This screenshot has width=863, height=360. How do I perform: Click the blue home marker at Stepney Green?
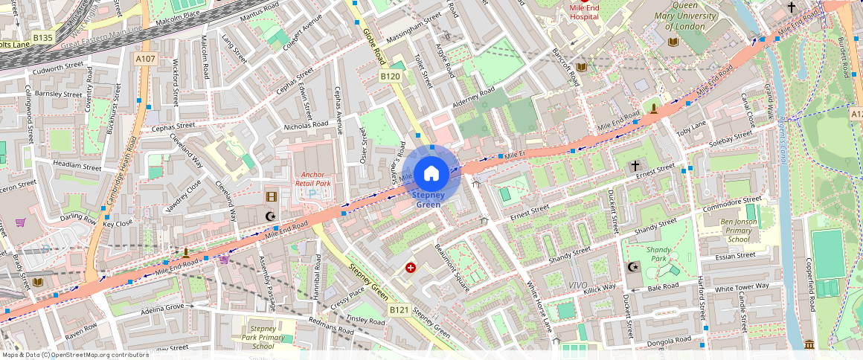[x=431, y=174]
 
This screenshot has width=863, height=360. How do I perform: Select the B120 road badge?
[x=391, y=76]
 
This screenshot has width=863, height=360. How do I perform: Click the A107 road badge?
[x=146, y=58]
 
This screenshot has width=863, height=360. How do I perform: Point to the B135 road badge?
[x=43, y=37]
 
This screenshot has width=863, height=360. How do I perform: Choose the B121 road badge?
[x=400, y=309]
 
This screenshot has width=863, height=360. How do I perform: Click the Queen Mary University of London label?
[x=685, y=21]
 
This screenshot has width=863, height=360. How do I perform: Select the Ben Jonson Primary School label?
[x=738, y=231]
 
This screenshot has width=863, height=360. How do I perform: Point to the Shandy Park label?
[x=659, y=254]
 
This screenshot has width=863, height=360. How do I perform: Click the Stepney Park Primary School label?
[x=263, y=337]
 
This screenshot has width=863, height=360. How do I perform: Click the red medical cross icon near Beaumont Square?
[x=410, y=268]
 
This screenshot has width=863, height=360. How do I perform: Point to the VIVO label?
[x=578, y=286]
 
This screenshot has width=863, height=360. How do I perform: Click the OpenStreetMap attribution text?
[x=76, y=355]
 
